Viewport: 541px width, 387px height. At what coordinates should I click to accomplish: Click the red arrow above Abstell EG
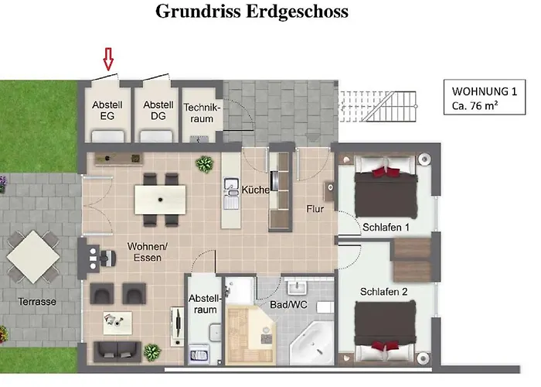coord(108,59)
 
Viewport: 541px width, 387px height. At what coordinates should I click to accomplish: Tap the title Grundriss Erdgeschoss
coord(252,12)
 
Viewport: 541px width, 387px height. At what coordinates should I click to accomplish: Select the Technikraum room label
coord(202,113)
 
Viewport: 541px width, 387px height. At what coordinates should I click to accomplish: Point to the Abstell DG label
coord(158,111)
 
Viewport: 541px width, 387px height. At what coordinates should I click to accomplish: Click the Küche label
coord(255,190)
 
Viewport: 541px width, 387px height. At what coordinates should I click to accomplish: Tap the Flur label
coord(315,208)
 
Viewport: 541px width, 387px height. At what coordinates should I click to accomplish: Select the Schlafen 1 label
coord(385,227)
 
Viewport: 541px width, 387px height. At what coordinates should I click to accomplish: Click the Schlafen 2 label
coord(384,292)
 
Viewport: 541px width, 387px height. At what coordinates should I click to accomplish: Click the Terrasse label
coord(37,302)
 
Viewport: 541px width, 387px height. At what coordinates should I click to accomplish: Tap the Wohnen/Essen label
coord(145,252)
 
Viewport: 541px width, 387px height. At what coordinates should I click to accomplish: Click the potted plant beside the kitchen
coord(205,163)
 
